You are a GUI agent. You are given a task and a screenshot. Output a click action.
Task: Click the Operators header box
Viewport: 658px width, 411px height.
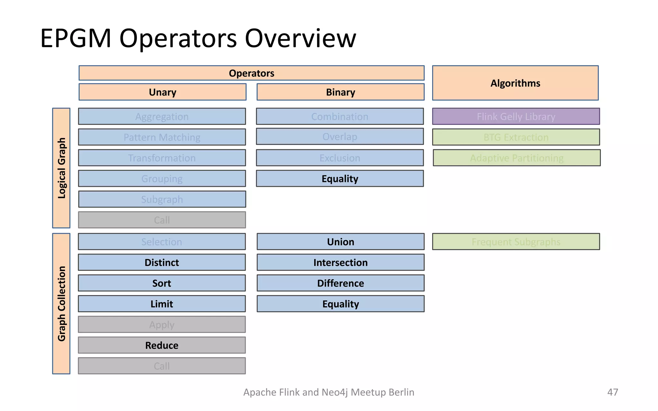pyautogui.click(x=251, y=73)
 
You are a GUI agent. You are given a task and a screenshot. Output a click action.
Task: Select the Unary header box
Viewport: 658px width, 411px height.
pyautogui.click(x=162, y=92)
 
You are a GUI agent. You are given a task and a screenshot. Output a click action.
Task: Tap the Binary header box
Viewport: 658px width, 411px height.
pyautogui.click(x=340, y=92)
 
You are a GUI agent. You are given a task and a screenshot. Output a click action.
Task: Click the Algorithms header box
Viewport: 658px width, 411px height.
pyautogui.click(x=515, y=83)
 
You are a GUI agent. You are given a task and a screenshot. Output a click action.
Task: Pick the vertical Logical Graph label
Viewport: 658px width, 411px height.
pyautogui.click(x=61, y=168)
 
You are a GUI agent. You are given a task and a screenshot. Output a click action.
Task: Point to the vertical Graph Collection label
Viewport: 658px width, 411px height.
pyautogui.click(x=61, y=303)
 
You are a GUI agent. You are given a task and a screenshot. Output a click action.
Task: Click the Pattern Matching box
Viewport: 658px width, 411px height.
pyautogui.click(x=162, y=137)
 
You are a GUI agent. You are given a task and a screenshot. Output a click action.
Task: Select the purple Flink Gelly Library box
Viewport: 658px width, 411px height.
pyautogui.click(x=516, y=116)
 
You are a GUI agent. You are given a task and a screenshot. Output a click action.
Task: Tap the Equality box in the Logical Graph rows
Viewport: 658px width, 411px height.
pyautogui.click(x=340, y=179)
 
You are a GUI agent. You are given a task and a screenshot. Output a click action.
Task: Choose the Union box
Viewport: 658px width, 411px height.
pyautogui.click(x=340, y=241)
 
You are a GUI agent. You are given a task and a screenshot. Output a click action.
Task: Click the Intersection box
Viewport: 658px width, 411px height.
pyautogui.click(x=340, y=262)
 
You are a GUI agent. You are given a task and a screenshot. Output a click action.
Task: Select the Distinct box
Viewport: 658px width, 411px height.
pyautogui.click(x=162, y=262)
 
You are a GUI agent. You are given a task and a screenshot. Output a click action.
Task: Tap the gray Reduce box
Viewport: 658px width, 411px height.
pyautogui.click(x=162, y=345)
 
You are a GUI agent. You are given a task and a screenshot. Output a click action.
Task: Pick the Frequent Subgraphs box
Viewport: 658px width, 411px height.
pyautogui.click(x=516, y=241)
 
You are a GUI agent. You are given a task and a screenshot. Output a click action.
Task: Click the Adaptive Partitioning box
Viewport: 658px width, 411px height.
pyautogui.click(x=516, y=158)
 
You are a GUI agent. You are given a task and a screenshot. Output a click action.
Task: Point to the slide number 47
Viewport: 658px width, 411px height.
pyautogui.click(x=612, y=392)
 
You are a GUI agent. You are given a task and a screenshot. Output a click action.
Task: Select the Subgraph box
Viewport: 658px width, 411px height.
pyautogui.click(x=162, y=199)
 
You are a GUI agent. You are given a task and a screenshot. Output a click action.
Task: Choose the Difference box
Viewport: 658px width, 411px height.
pyautogui.click(x=340, y=283)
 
